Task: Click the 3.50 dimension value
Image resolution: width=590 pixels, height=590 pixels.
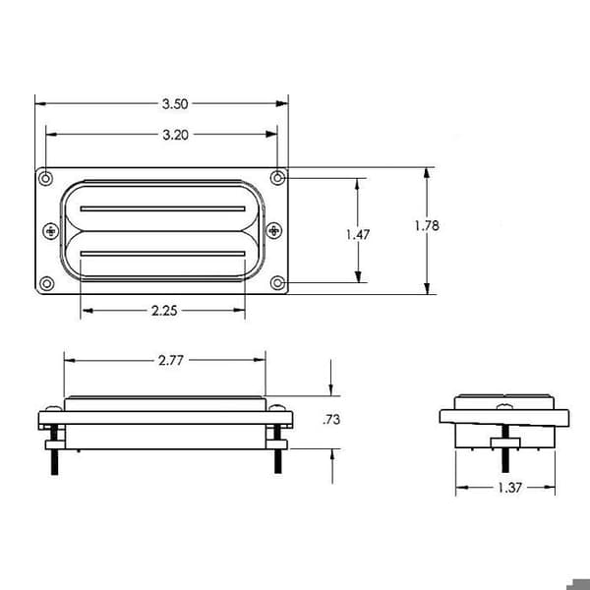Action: point(175,104)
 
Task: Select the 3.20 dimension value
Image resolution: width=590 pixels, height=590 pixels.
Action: point(175,135)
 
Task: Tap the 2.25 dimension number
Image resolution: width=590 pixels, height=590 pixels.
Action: point(164,311)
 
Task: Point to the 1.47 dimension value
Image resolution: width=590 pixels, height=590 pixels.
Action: point(358,235)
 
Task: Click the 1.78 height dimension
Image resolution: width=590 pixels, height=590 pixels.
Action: point(427,226)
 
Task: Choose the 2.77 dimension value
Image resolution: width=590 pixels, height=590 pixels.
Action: point(171,361)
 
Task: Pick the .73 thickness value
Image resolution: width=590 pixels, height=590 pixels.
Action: point(331,419)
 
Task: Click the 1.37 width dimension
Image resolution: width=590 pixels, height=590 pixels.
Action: point(509,488)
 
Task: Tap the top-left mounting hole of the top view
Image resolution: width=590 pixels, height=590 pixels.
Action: point(46,178)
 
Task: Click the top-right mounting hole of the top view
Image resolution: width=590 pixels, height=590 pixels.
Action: point(278,178)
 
